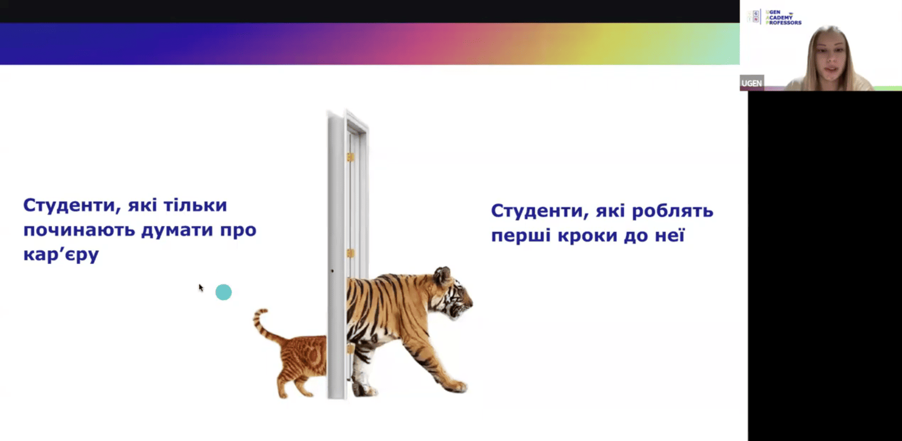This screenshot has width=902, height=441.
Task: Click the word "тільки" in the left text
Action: (195, 205)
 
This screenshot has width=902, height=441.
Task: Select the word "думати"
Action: (177, 230)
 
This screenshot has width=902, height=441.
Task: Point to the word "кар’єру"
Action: (61, 254)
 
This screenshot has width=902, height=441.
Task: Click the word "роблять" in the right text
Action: (672, 211)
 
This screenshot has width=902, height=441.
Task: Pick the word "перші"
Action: (521, 235)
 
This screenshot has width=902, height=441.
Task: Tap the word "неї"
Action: (670, 235)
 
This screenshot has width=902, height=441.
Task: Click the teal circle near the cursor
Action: (224, 292)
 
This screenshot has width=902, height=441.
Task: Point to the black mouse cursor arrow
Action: (201, 288)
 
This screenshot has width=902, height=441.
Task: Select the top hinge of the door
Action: (351, 157)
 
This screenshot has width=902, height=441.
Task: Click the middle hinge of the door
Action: (351, 253)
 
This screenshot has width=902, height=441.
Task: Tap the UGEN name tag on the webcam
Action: (752, 83)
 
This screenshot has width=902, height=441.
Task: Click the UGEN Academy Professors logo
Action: (775, 17)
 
